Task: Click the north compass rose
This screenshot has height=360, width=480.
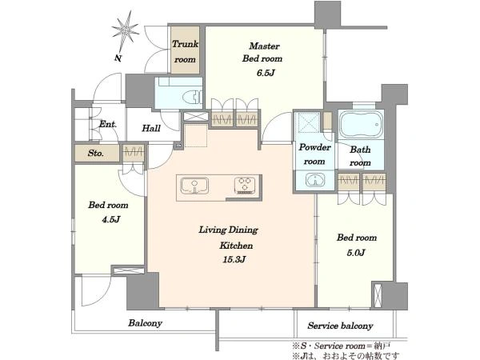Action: pos(126,30)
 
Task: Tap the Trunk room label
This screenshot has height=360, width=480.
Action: pos(185,51)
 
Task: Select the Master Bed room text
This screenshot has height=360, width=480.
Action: pos(262,52)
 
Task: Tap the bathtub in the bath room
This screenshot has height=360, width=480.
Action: pos(361,125)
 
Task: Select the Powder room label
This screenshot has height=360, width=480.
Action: pos(314,154)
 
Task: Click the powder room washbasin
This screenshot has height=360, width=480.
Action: pos(315,179)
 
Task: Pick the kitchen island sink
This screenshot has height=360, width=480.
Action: pos(194,186)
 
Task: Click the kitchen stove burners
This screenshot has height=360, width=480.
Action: pos(246,186)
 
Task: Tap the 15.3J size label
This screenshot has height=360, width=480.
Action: pos(234,259)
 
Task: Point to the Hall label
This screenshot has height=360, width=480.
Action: pos(151,128)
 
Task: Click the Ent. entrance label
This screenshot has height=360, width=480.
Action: pos(108,124)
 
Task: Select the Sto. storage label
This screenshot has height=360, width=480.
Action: pos(96,153)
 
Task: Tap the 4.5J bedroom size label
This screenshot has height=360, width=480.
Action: pos(111,219)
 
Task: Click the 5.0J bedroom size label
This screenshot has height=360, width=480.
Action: pos(356,253)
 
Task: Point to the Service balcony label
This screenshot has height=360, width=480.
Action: pos(341,326)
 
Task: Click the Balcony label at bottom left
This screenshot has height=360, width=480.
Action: pos(145,323)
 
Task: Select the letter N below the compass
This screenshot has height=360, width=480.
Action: pos(118,58)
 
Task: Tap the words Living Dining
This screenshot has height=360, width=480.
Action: pos(228,230)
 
